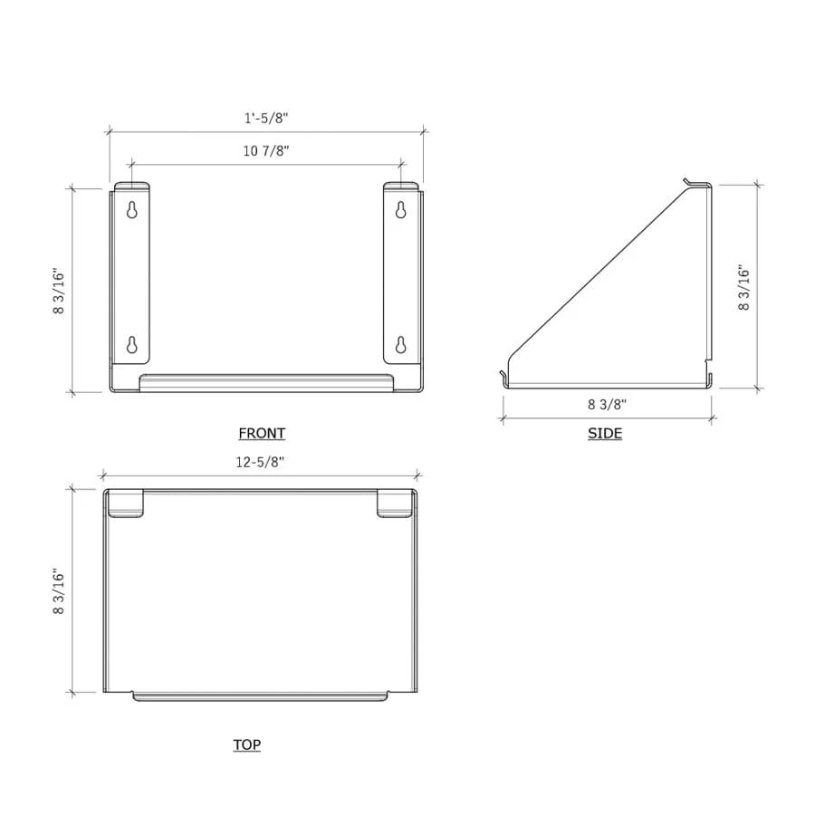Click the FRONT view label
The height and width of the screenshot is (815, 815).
tap(262, 433)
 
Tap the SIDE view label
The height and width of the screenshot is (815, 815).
tap(605, 433)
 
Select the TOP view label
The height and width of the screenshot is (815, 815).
tap(247, 744)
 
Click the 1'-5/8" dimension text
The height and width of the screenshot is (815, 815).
tap(266, 118)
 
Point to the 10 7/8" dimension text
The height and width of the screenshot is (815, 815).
tap(266, 150)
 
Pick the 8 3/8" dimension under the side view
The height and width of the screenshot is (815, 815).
tap(607, 405)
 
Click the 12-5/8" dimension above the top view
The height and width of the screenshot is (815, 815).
tap(260, 462)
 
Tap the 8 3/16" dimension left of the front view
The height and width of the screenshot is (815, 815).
tap(59, 292)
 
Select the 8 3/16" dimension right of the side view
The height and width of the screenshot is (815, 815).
tap(743, 288)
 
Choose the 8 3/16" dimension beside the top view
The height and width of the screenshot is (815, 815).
tap(59, 591)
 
